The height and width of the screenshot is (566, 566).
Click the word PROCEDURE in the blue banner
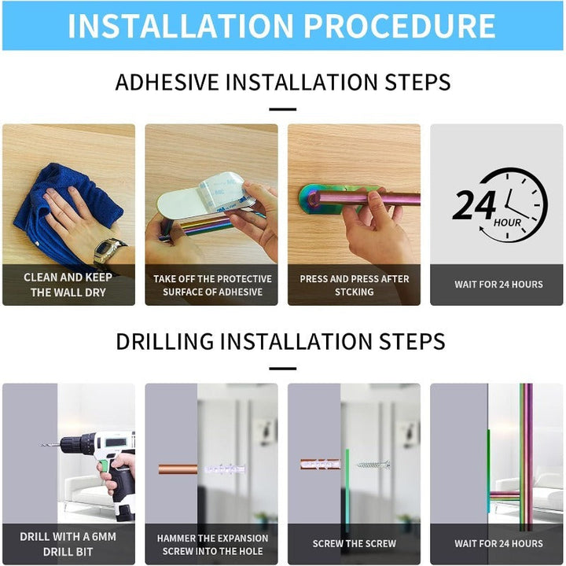click(399, 26)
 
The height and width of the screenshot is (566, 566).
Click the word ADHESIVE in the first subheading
click(167, 82)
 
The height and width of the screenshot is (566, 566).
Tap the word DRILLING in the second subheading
click(165, 341)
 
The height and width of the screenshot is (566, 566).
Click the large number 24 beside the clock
click(473, 205)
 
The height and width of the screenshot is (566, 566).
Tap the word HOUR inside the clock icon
click(507, 222)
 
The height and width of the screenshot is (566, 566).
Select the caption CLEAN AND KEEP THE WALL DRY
click(68, 285)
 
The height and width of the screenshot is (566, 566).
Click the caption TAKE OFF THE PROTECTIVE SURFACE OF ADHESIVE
click(212, 285)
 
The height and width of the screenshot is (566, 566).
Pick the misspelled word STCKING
click(354, 292)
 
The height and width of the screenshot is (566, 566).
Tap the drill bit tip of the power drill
click(41, 445)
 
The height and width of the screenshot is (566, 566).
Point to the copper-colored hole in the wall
click(178, 469)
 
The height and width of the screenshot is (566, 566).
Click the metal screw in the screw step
click(373, 465)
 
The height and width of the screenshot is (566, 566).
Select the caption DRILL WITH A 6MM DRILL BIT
click(68, 544)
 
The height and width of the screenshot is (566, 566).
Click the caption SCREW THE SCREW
click(354, 544)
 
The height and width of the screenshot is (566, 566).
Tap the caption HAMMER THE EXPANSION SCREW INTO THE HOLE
click(212, 545)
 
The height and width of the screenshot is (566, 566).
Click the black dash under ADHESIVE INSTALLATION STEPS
click(283, 109)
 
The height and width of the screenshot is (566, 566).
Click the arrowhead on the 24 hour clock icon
click(482, 229)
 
